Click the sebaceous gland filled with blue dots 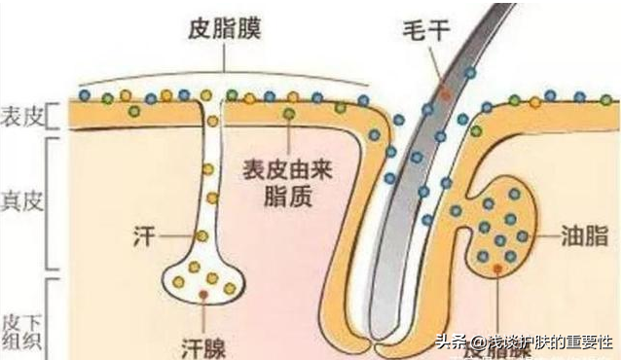(501, 224)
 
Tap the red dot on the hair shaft (445, 93)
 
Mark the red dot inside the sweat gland (202, 291)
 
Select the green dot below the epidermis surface (288, 115)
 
